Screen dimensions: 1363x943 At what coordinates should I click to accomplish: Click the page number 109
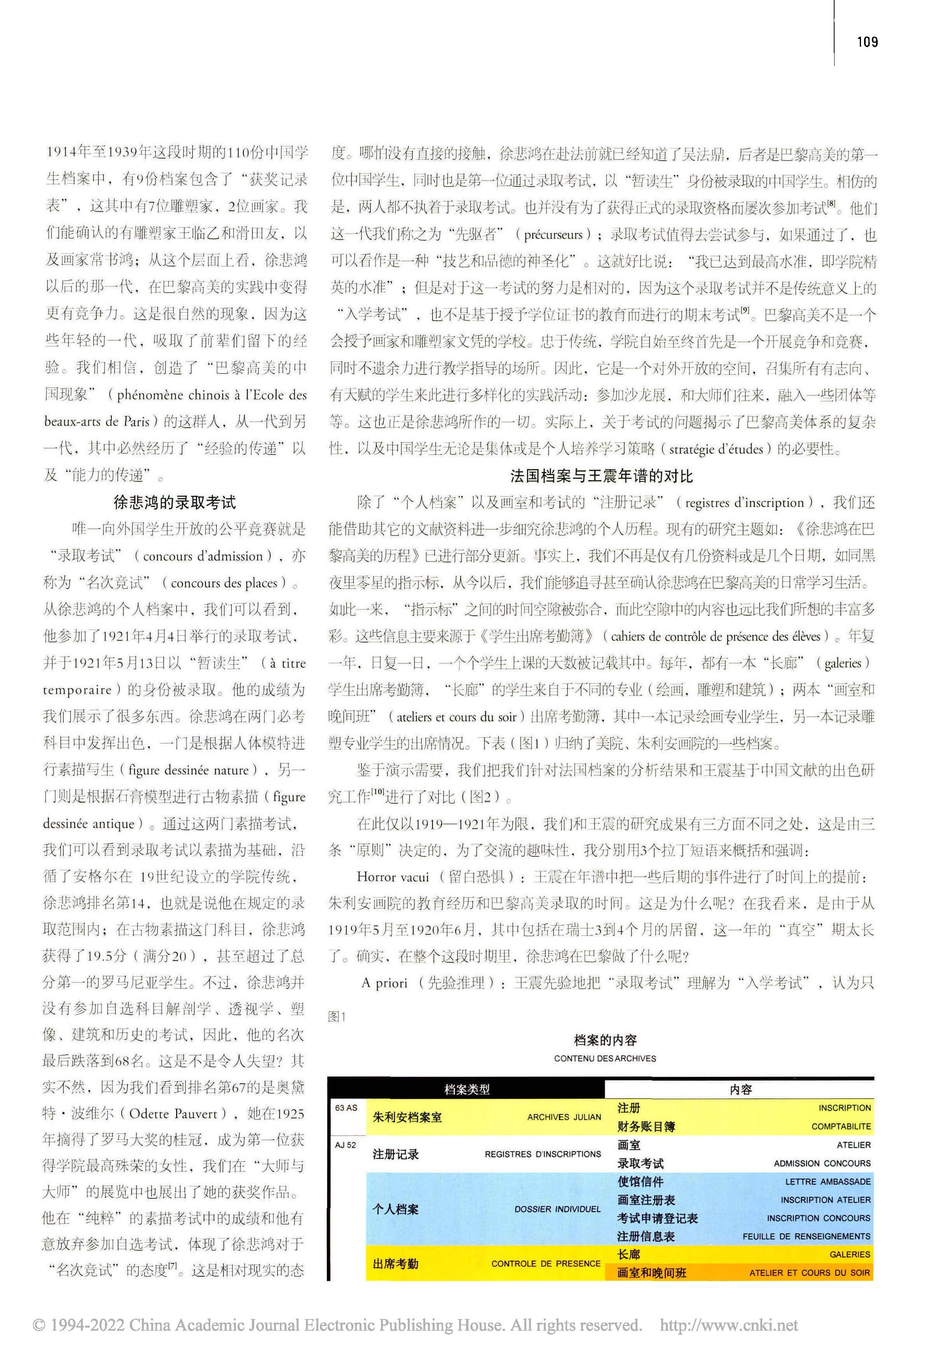[x=867, y=42]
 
